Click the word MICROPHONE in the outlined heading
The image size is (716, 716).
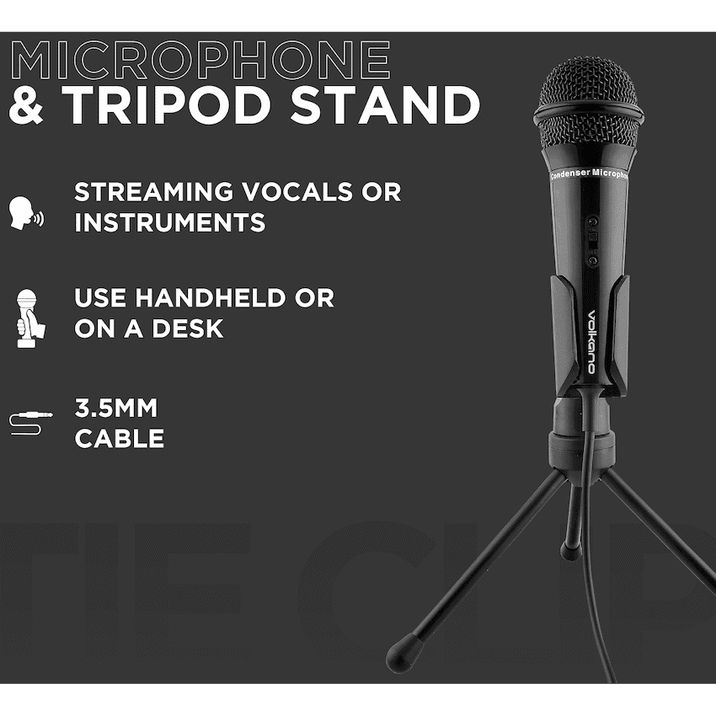[x=200, y=60]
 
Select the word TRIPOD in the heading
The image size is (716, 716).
[x=168, y=105]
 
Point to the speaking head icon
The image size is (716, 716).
[x=25, y=214]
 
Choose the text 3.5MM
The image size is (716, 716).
[x=116, y=409]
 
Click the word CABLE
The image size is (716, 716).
[x=120, y=439]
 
